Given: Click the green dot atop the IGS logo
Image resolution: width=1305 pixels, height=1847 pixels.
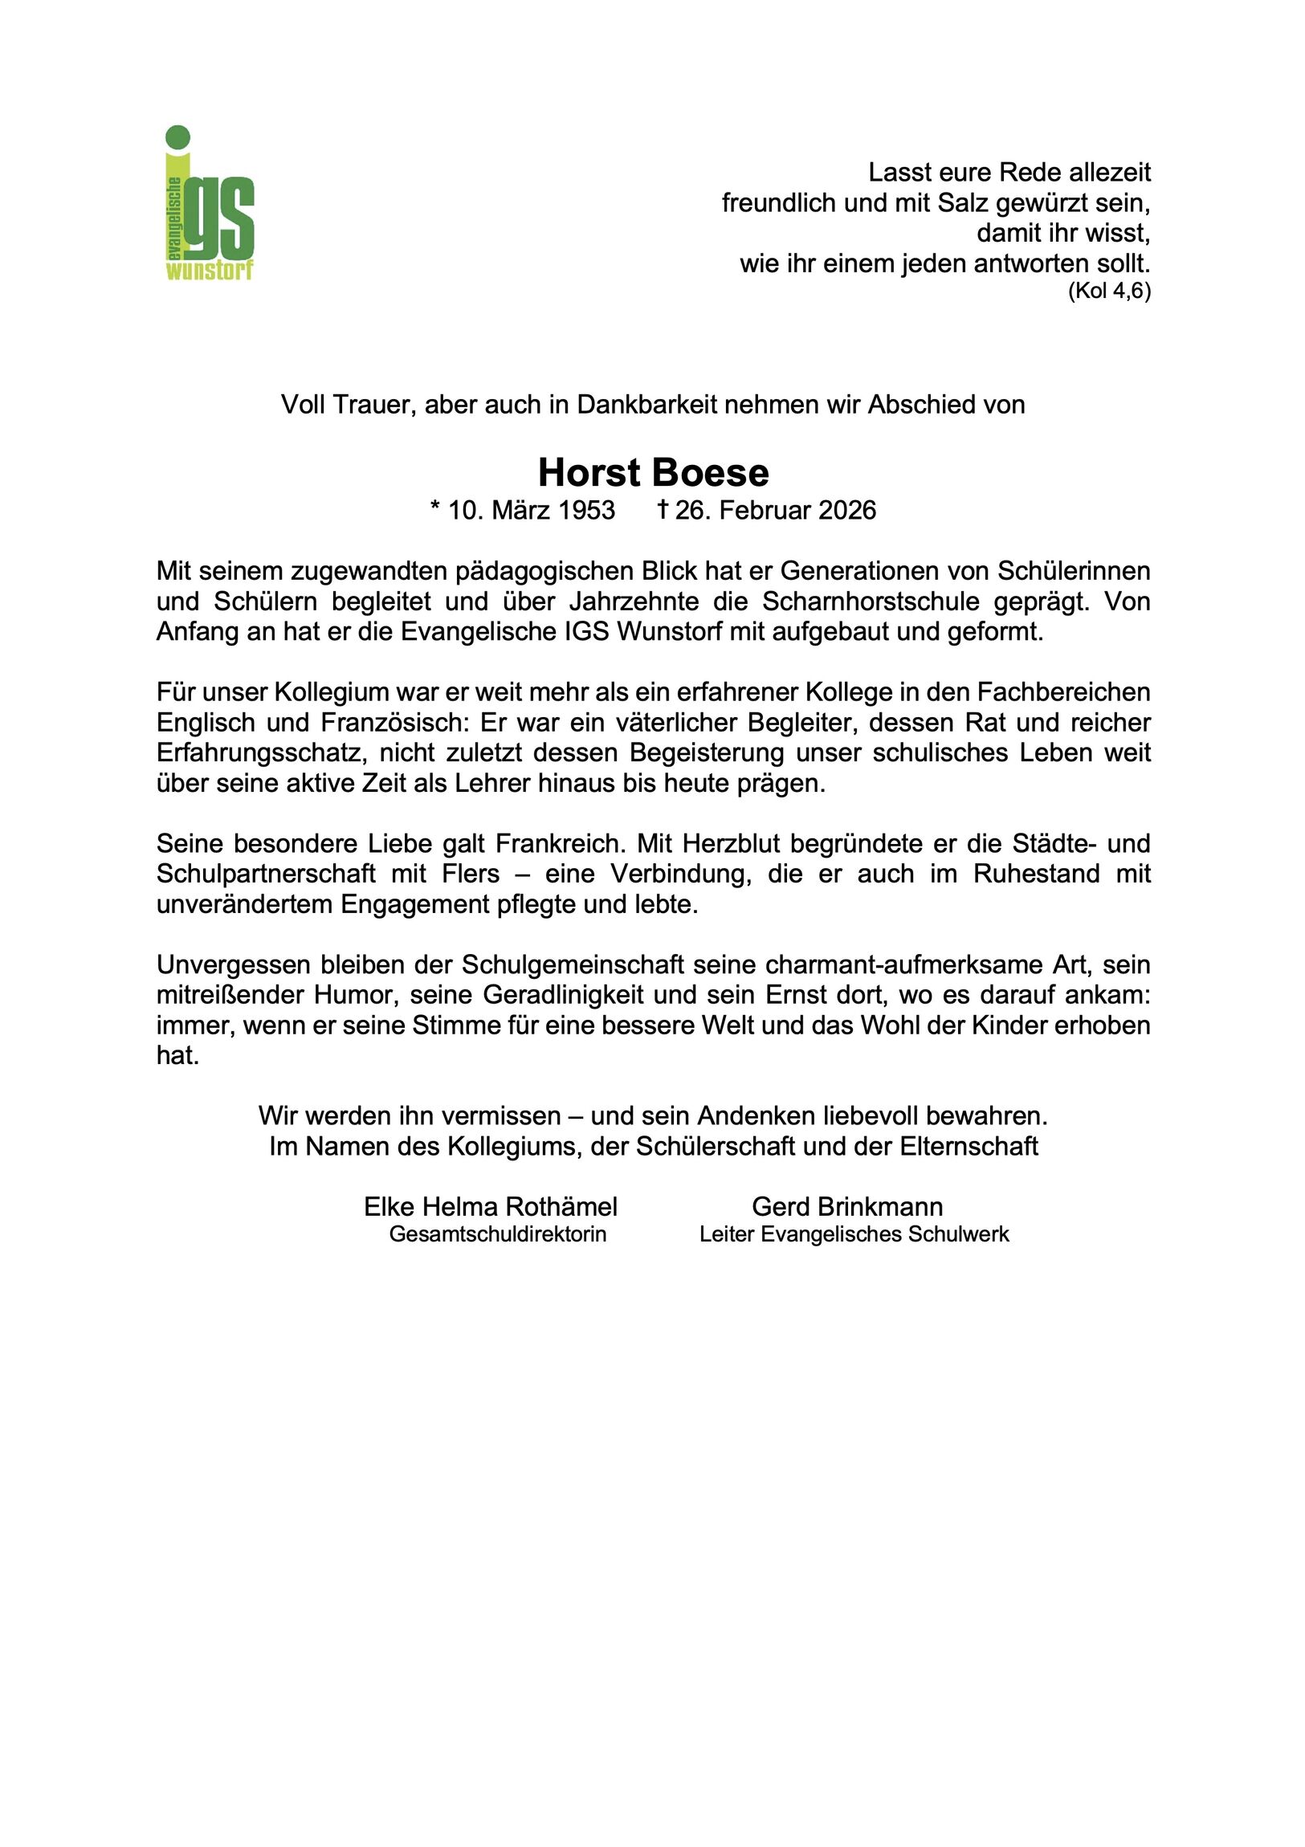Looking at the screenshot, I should [177, 137].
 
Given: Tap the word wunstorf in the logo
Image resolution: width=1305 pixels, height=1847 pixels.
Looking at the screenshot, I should [209, 271].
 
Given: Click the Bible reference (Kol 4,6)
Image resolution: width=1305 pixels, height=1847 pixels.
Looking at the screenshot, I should [1109, 291].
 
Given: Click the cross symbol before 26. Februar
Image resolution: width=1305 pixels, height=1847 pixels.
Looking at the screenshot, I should [663, 509].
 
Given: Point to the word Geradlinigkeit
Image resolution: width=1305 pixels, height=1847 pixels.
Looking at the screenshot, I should [561, 995].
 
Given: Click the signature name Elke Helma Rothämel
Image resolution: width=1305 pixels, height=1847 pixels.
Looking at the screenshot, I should [490, 1207].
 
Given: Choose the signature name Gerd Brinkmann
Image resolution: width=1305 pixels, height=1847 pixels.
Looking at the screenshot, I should [847, 1207].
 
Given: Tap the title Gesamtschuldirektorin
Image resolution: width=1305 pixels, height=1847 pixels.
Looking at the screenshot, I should [497, 1234].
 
